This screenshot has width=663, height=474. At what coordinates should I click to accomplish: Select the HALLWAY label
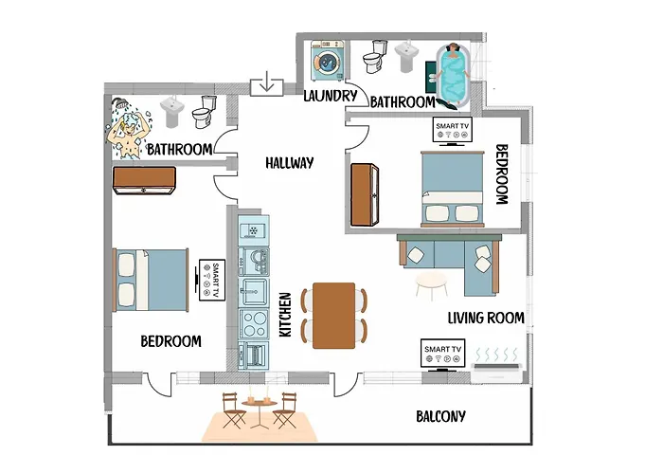click(x=290, y=163)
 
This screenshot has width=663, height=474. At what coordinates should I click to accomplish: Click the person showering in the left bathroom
click(x=126, y=133)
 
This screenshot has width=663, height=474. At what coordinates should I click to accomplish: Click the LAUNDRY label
click(x=330, y=96)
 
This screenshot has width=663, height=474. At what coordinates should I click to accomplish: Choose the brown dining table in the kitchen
click(x=333, y=315)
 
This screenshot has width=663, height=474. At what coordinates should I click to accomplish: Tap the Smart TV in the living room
click(x=443, y=353)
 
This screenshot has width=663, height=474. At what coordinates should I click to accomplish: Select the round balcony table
click(x=255, y=404)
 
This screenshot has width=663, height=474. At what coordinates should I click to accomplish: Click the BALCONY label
click(x=440, y=416)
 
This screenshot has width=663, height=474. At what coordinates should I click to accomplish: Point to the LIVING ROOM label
click(x=485, y=319)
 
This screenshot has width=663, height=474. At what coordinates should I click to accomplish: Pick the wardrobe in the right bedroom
click(x=365, y=194)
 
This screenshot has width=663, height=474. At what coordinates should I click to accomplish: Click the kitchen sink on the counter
click(x=254, y=289)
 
